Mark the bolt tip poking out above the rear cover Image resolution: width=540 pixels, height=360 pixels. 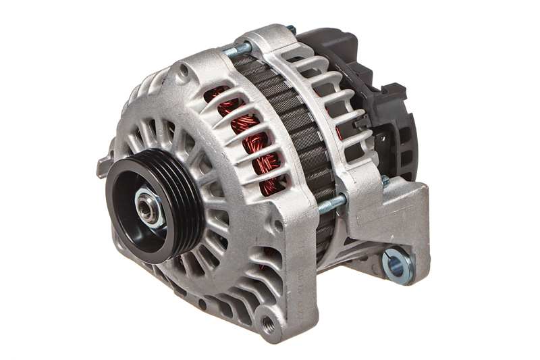pyautogui.click(x=291, y=29)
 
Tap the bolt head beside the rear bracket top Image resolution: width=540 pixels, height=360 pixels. pyautogui.click(x=385, y=181)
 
